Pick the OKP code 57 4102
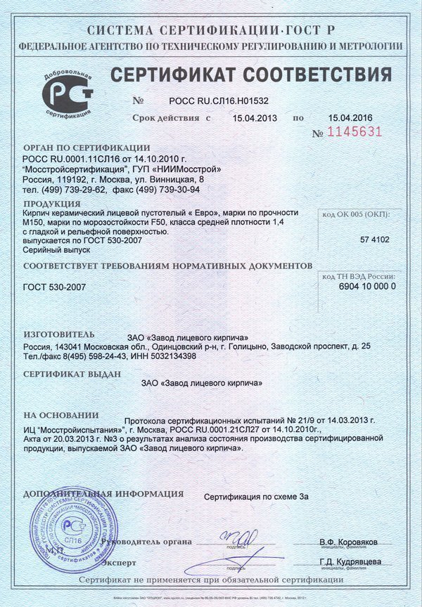click(374, 240)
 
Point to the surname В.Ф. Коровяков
click(348, 542)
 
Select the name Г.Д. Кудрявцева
click(350, 562)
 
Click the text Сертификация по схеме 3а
click(256, 497)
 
